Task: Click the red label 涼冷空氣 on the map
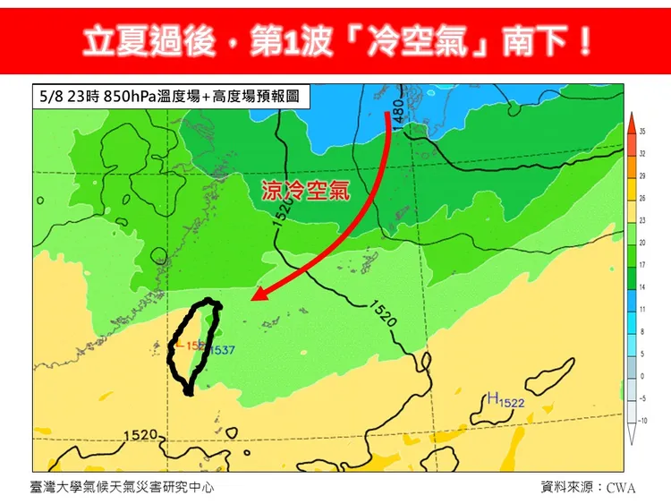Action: click(305, 191)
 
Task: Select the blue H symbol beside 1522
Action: click(492, 397)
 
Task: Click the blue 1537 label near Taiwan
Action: click(222, 350)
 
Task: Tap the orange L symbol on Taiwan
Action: click(178, 345)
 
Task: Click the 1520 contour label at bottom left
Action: click(140, 435)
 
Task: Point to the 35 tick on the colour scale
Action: click(642, 132)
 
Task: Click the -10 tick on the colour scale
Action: click(642, 420)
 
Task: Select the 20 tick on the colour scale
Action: click(642, 243)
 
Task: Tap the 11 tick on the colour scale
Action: click(642, 309)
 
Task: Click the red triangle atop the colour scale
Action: click(631, 120)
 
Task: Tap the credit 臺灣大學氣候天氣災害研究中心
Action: click(121, 487)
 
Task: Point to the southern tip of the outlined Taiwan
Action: click(188, 391)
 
